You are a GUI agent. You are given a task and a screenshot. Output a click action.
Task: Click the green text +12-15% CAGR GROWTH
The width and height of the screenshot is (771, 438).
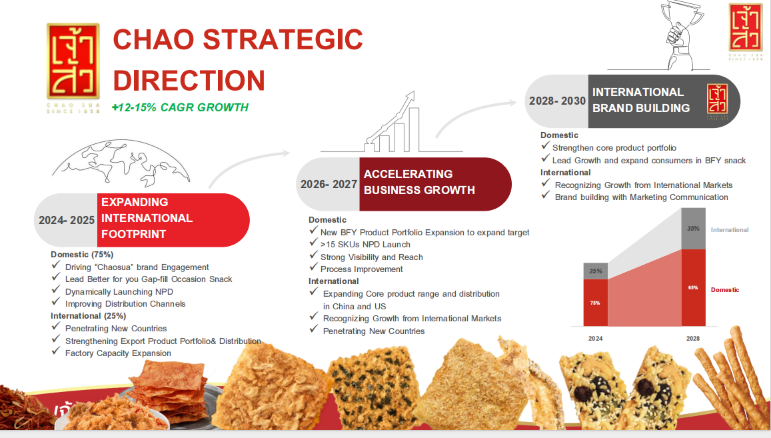pyautogui.click(x=180, y=107)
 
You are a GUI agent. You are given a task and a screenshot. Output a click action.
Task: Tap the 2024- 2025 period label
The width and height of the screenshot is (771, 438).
pyautogui.click(x=67, y=220)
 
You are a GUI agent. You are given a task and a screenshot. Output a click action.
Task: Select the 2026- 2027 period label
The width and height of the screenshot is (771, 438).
pyautogui.click(x=329, y=184)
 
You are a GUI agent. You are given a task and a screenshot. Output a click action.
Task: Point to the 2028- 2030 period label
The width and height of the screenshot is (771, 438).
pyautogui.click(x=557, y=101)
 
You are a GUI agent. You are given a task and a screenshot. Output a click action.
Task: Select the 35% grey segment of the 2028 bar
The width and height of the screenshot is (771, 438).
pyautogui.click(x=693, y=229)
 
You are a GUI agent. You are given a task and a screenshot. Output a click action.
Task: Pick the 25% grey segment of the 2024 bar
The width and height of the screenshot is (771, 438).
pyautogui.click(x=596, y=271)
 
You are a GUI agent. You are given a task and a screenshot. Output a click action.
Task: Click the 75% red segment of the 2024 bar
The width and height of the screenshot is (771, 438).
pyautogui.click(x=596, y=303)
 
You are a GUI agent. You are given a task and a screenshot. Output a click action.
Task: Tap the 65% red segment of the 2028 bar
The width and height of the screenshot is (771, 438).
pyautogui.click(x=693, y=287)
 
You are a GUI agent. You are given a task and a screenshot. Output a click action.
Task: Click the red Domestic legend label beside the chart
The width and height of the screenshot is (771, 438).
pyautogui.click(x=725, y=290)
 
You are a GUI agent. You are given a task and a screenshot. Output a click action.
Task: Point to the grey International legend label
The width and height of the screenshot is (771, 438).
pyautogui.click(x=730, y=230)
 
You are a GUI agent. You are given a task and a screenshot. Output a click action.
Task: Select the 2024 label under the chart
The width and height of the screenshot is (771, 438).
pyautogui.click(x=596, y=339)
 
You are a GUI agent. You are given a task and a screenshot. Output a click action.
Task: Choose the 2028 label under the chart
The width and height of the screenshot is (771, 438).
pyautogui.click(x=693, y=339)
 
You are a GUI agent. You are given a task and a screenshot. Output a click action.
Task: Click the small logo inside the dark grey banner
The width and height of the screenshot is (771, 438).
pyautogui.click(x=718, y=101)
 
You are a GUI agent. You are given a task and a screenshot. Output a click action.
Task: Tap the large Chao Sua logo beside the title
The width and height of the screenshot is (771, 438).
pyautogui.click(x=73, y=61)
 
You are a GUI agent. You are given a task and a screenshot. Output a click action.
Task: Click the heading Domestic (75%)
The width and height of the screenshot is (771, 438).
pyautogui.click(x=82, y=255)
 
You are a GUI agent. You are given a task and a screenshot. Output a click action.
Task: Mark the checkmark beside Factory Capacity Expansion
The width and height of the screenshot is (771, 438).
pyautogui.click(x=55, y=351)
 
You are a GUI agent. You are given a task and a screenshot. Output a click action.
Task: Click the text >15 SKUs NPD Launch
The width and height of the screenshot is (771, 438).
pyautogui.click(x=365, y=245)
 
